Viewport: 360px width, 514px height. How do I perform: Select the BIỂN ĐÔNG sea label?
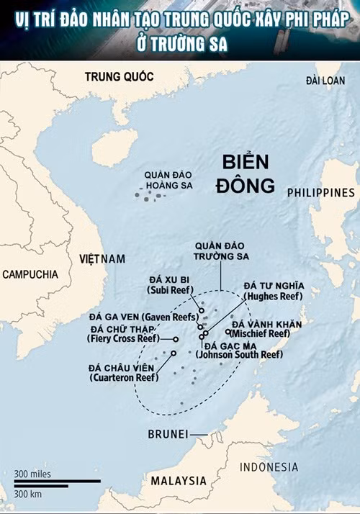coord(245,173)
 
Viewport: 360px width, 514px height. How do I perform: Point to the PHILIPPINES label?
coord(320,192)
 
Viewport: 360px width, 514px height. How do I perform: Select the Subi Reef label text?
coord(170,284)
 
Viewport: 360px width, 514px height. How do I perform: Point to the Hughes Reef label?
coord(274,291)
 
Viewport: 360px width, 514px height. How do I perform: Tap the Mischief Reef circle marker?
coord(228,333)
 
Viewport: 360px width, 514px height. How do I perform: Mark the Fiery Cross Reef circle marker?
coord(176,338)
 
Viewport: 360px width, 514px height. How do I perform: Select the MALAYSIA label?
coord(178,480)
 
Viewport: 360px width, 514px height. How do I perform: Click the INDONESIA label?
coord(269,467)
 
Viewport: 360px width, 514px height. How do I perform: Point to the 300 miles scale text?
coord(32,473)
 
